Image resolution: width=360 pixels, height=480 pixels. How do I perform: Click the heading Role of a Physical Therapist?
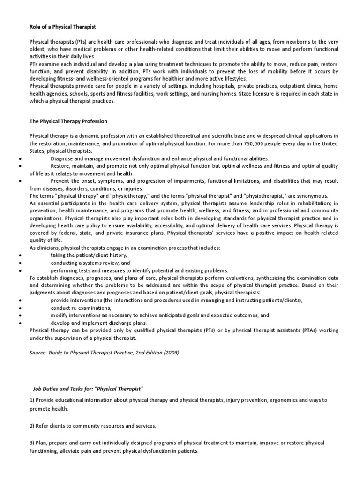click(x=63, y=27)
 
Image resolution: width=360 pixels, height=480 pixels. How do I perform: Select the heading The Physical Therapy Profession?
click(x=68, y=121)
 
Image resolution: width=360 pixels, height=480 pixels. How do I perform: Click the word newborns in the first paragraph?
click(x=278, y=42)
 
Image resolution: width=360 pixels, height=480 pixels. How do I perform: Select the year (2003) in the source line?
click(x=170, y=352)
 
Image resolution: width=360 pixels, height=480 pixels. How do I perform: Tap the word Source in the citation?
click(x=39, y=352)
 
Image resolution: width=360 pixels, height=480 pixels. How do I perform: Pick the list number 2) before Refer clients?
click(x=32, y=426)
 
